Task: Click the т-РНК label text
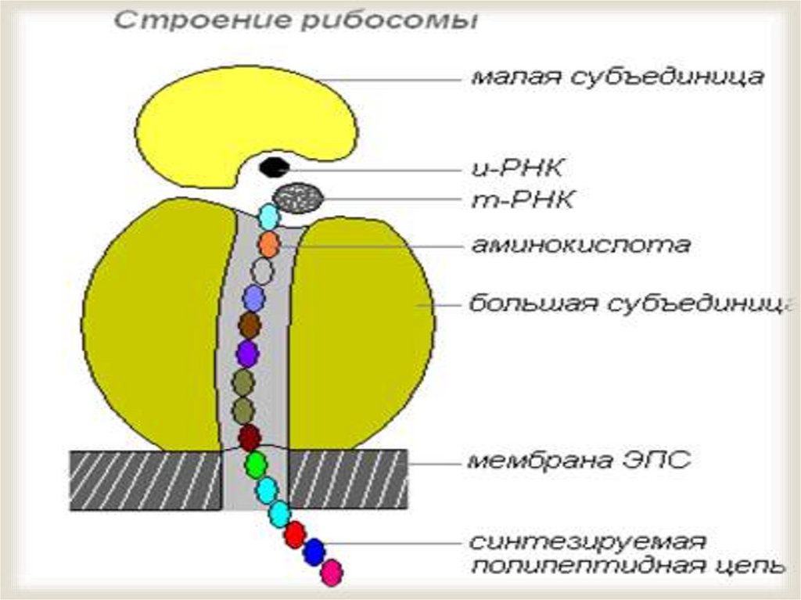point(523,200)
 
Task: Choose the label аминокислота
point(580,245)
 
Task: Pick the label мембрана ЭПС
point(579,461)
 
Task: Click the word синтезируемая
point(588,542)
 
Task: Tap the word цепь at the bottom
point(750,566)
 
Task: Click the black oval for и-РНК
point(273,167)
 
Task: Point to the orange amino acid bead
point(268,244)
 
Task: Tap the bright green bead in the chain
point(256,465)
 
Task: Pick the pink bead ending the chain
point(332,573)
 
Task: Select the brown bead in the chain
point(250,324)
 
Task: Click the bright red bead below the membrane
point(294,534)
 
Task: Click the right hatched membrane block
point(349,480)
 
